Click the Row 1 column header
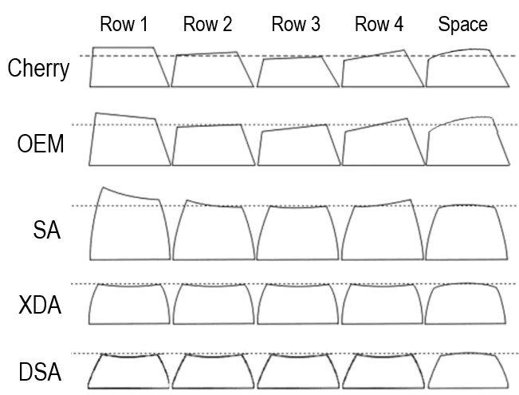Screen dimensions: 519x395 point(124,24)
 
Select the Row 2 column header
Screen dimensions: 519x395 point(207,24)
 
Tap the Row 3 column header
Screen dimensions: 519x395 point(296,24)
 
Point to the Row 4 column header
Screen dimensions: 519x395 point(379,24)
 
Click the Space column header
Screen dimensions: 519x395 point(462,25)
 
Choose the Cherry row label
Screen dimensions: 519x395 point(38,69)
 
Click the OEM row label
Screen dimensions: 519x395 point(41,144)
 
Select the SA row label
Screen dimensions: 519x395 point(47,230)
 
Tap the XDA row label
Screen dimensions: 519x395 point(40,305)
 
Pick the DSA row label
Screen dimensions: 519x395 point(40,372)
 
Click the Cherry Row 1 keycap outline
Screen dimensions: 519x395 point(129,87)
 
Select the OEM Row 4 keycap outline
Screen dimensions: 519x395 point(383,165)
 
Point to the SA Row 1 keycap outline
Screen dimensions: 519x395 point(130,259)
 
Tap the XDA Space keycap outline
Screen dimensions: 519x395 point(466,323)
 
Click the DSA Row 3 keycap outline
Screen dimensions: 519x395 point(298,388)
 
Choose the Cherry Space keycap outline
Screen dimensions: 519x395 point(467,87)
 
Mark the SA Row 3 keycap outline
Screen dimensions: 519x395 point(297,259)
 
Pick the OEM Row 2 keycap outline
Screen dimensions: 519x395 point(214,165)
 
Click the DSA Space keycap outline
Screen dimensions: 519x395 point(468,388)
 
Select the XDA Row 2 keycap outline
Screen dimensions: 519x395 point(214,323)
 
